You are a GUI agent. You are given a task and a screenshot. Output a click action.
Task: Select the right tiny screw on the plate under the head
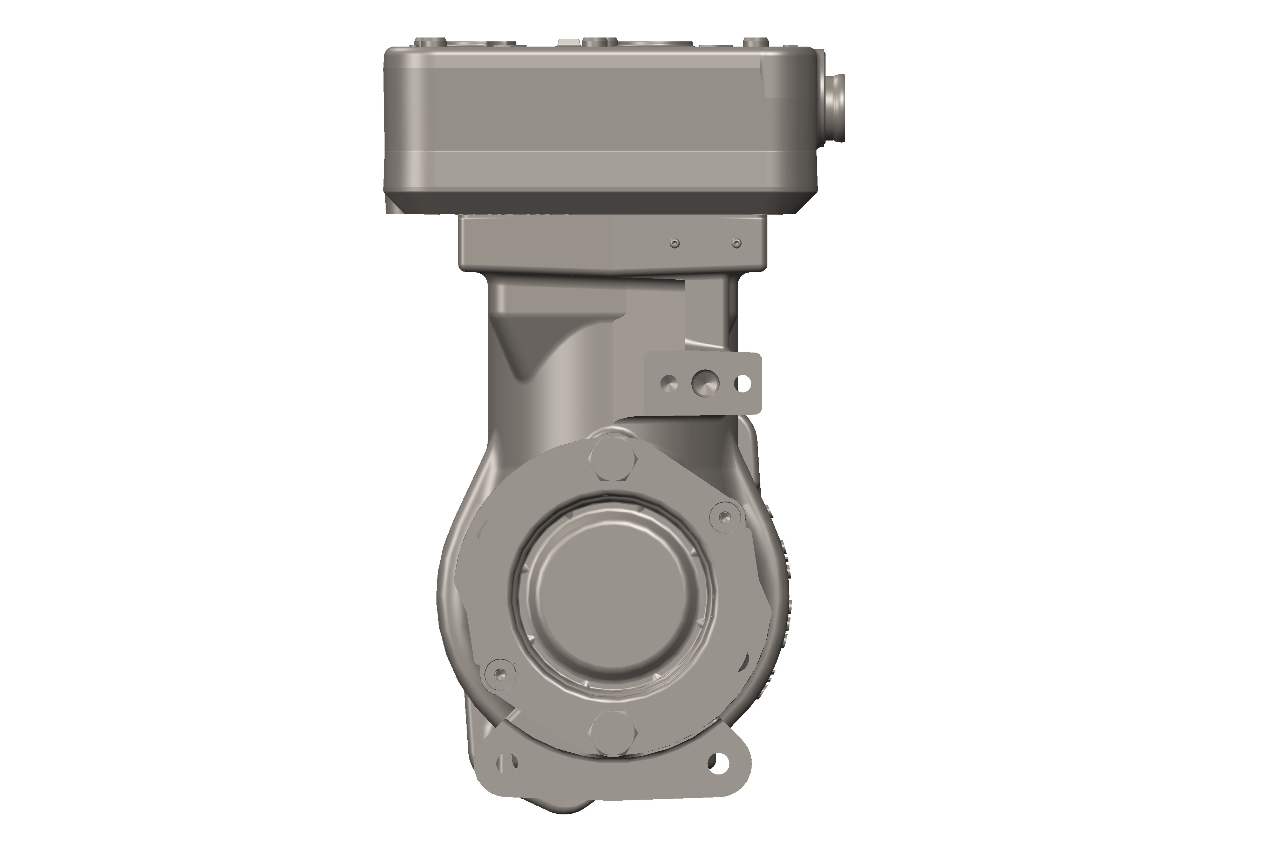click(x=737, y=244)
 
